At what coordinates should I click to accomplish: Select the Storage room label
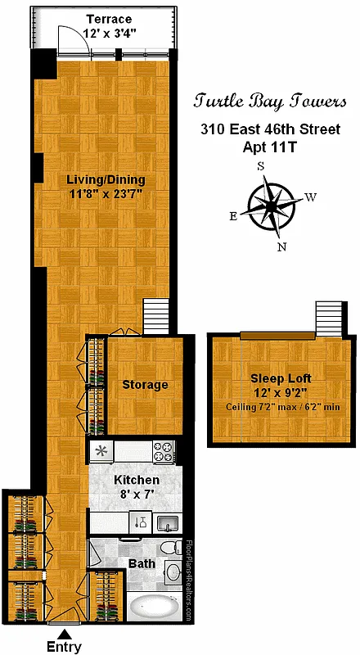(x=145, y=385)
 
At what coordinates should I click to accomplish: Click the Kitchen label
(x=136, y=480)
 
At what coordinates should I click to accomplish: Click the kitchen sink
(x=167, y=522)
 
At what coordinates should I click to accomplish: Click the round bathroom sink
(x=173, y=573)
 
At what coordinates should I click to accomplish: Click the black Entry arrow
(x=64, y=632)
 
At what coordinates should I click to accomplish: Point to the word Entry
(x=65, y=647)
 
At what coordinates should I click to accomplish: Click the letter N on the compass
(x=282, y=246)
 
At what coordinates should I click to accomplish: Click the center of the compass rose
(x=272, y=206)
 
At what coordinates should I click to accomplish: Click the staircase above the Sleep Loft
(x=328, y=318)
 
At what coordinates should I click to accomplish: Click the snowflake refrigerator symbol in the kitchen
(x=101, y=449)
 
